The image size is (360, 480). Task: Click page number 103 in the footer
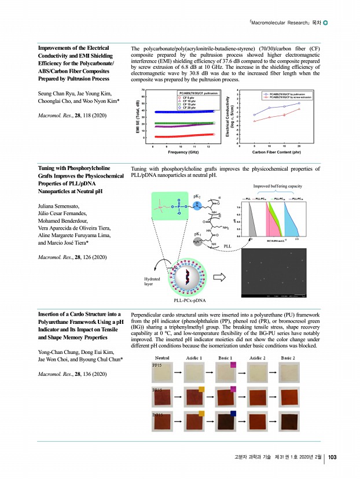(x=332, y=458)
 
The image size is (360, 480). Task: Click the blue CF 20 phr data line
(x=185, y=111)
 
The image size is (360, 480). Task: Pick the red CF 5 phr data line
(x=185, y=135)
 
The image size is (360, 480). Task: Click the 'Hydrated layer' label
(x=152, y=281)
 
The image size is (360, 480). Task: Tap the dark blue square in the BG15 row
(x=234, y=413)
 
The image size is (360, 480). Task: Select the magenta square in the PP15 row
(x=234, y=365)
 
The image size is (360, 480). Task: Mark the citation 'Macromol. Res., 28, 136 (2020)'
(x=72, y=375)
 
